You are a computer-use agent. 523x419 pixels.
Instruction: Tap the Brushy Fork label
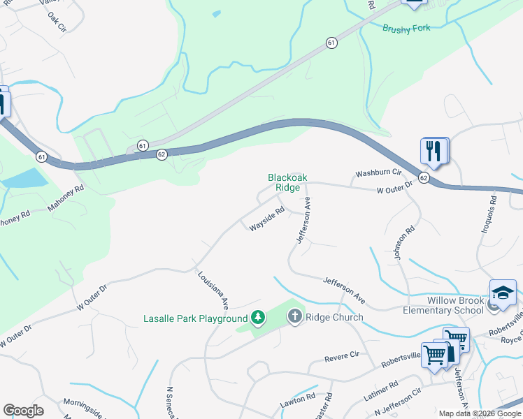(406, 28)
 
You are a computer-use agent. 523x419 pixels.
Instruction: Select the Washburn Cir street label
(378, 172)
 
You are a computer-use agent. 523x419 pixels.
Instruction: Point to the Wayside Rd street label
(267, 217)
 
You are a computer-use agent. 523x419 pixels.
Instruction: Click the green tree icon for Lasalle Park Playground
(258, 318)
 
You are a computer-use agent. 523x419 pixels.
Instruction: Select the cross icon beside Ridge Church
(294, 317)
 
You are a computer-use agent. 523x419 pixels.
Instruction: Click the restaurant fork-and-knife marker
(434, 150)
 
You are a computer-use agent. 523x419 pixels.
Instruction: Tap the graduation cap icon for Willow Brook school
(503, 293)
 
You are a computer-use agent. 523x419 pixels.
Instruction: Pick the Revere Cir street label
(341, 358)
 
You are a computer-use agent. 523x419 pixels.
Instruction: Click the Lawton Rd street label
(299, 401)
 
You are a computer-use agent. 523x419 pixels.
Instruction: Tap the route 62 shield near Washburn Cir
(424, 178)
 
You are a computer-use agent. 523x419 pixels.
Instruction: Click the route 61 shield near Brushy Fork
(330, 43)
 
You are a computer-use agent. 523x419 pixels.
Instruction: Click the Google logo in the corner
(23, 411)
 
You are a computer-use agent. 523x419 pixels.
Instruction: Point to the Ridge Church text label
(334, 318)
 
